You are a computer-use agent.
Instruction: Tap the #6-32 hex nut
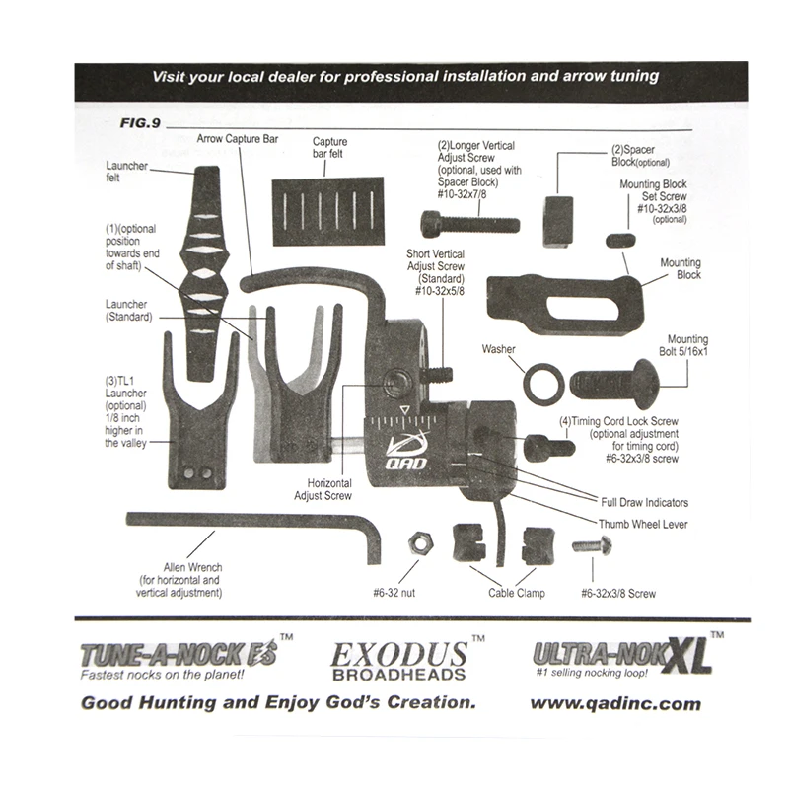[417, 541]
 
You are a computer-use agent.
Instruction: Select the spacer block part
[558, 220]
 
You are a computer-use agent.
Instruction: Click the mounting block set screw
[619, 240]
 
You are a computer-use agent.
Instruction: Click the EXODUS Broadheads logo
[398, 661]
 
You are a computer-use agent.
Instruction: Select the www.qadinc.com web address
[615, 703]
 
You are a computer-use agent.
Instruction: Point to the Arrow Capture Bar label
[238, 139]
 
